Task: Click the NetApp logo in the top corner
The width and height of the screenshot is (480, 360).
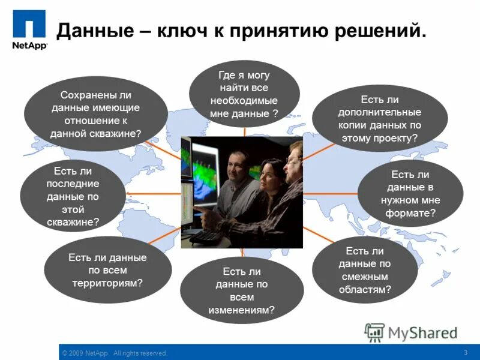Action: click(29, 31)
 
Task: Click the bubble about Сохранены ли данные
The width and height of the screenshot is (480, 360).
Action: click(96, 114)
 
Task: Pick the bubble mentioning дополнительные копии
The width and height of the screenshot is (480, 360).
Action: click(379, 118)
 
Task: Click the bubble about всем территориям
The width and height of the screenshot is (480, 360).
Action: click(108, 269)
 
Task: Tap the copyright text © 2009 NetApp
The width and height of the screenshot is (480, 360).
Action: click(114, 353)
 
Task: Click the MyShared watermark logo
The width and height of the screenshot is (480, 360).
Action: click(411, 333)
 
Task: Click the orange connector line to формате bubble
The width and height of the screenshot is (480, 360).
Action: click(330, 193)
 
